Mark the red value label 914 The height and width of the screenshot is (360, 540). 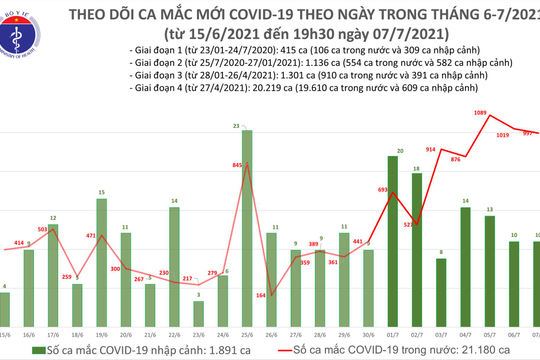[x=431, y=149]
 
